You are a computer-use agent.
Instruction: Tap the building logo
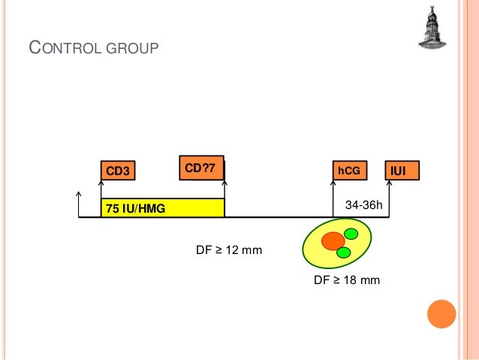pyautogui.click(x=432, y=29)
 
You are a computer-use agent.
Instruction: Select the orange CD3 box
pyautogui.click(x=118, y=171)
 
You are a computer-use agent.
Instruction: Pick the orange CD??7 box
pyautogui.click(x=201, y=169)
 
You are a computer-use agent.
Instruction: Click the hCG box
pyautogui.click(x=349, y=171)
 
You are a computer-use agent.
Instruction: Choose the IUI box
pyautogui.click(x=402, y=171)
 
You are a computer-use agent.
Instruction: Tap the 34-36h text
pyautogui.click(x=363, y=204)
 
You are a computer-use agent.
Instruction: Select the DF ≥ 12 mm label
pyautogui.click(x=229, y=250)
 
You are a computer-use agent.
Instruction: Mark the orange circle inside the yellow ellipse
pyautogui.click(x=333, y=241)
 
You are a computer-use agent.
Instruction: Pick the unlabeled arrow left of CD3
pyautogui.click(x=79, y=204)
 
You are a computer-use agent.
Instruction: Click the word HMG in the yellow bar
pyautogui.click(x=155, y=208)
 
